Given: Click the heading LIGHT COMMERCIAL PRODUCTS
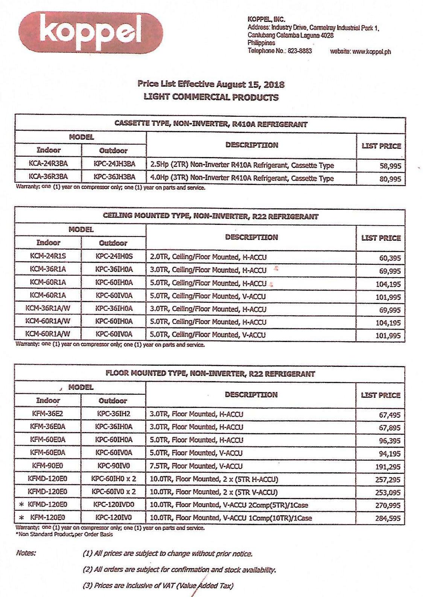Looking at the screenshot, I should click(x=211, y=97).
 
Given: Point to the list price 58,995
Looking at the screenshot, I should click(x=390, y=166).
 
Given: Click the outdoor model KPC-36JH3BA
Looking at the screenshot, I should click(x=114, y=177).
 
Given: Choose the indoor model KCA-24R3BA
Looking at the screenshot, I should click(x=49, y=164).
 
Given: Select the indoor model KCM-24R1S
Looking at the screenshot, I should click(x=48, y=256).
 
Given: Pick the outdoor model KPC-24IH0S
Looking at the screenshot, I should click(x=114, y=256).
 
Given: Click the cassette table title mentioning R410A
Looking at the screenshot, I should click(x=211, y=124).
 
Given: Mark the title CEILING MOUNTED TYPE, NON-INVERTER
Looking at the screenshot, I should click(x=211, y=217).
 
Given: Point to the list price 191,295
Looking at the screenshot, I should click(x=388, y=467).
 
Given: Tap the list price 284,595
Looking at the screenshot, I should click(x=388, y=518).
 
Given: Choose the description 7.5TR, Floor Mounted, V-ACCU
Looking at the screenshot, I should click(x=196, y=466).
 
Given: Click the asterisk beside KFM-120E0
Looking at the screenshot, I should click(x=21, y=518).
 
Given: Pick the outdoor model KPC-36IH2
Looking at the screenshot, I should click(x=113, y=414).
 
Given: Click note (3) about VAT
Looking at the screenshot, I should click(x=158, y=586).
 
